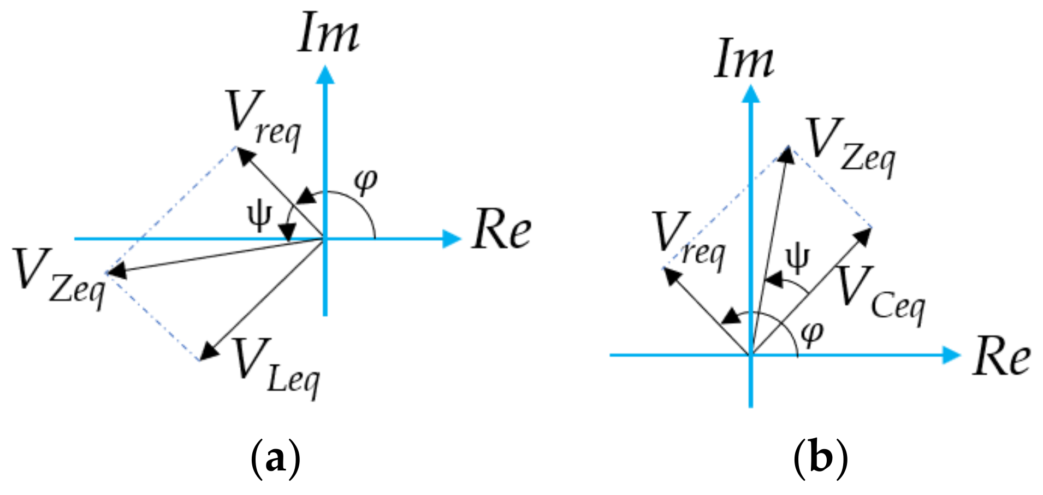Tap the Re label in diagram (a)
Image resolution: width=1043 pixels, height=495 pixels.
(x=501, y=231)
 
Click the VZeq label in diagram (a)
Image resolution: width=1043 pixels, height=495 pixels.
(x=59, y=278)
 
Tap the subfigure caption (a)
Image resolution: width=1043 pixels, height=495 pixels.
(x=275, y=458)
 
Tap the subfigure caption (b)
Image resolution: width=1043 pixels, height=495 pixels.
(x=820, y=458)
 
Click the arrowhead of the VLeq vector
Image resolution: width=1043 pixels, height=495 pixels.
(x=208, y=351)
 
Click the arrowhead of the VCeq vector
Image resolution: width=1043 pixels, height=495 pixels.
(x=863, y=236)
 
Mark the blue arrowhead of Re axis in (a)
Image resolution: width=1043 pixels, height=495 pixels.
(x=452, y=239)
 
